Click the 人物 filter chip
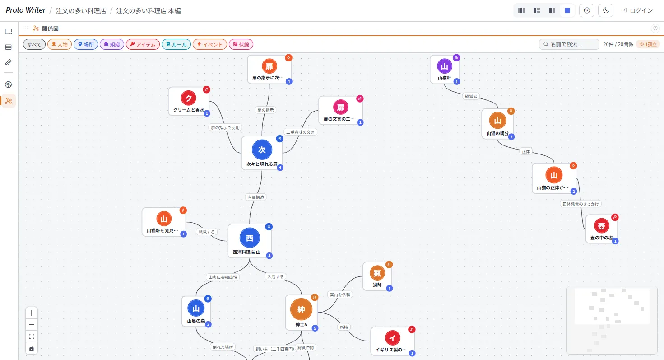click(60, 44)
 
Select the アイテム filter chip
click(143, 44)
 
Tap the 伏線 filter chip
click(241, 44)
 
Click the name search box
click(569, 44)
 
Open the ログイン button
click(637, 10)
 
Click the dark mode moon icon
click(606, 10)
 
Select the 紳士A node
click(301, 313)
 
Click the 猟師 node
click(377, 276)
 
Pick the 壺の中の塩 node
click(601, 229)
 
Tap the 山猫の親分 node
click(497, 124)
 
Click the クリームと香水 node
click(189, 101)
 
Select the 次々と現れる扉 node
click(262, 153)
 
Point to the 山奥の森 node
click(196, 312)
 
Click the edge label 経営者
click(471, 96)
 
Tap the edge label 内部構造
click(256, 197)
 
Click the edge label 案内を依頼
click(340, 295)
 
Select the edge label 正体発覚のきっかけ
click(580, 204)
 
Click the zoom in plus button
click(32, 313)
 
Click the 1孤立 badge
click(648, 44)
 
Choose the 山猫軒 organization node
click(444, 70)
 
